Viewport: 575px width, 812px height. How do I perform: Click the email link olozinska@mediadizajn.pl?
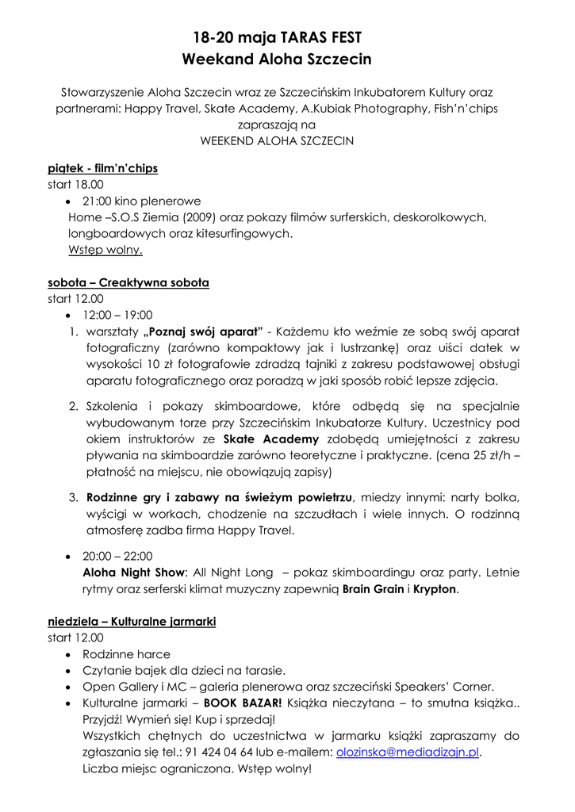[408, 752]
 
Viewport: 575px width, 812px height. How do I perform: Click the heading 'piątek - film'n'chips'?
[102, 168]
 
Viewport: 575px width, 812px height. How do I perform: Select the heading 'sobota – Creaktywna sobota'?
[128, 282]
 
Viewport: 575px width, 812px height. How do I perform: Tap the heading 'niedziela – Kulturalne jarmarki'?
[132, 622]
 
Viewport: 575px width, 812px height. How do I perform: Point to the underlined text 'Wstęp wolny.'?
[105, 250]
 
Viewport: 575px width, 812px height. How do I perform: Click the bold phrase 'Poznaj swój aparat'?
[204, 331]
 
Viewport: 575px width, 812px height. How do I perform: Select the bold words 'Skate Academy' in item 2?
[271, 439]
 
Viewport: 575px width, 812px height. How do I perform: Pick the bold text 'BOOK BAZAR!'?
[243, 703]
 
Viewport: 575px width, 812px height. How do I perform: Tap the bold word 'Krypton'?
[435, 589]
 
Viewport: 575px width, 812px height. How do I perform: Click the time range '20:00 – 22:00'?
[117, 556]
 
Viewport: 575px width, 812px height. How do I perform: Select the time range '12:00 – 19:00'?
[117, 315]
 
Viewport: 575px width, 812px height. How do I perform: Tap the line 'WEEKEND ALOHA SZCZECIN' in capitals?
[277, 140]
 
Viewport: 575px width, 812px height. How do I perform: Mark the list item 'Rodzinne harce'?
[126, 654]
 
